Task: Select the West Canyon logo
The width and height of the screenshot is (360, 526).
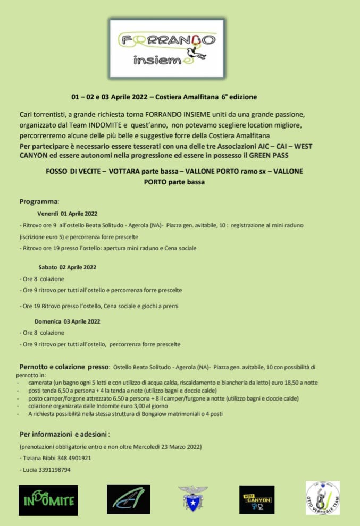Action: coord(257,500)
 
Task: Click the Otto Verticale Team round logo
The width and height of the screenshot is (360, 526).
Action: coord(322,498)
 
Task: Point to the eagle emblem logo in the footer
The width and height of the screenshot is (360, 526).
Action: coord(192,499)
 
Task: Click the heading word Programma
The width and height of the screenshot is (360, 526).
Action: coord(39,202)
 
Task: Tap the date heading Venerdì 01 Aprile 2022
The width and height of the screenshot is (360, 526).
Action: coord(68,214)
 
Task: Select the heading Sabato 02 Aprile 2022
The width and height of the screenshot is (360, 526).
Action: coord(67,267)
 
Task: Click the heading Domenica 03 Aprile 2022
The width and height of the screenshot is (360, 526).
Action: coord(68,321)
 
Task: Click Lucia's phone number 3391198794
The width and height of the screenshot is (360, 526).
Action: coord(52,470)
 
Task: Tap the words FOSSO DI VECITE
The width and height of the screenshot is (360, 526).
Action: coord(74,172)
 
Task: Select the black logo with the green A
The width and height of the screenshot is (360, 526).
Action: coord(129,500)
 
